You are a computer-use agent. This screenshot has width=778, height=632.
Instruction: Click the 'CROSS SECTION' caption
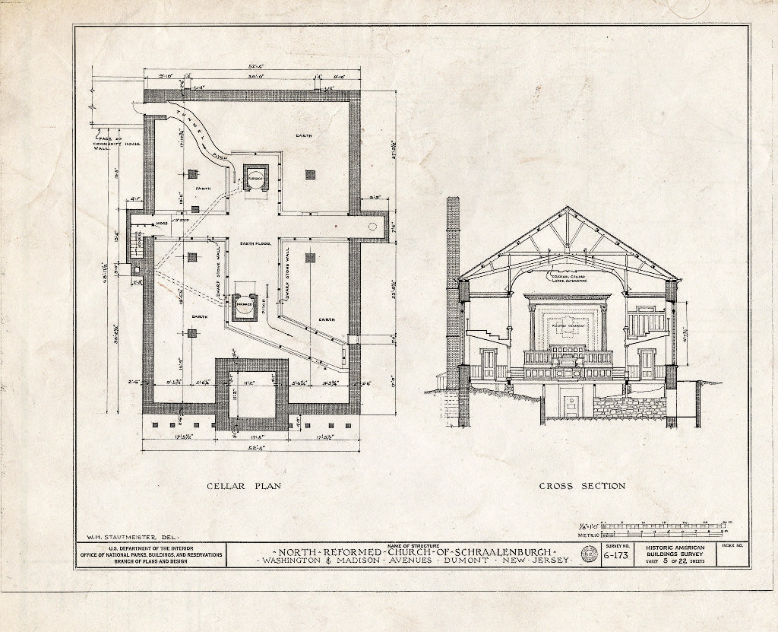pyautogui.click(x=582, y=486)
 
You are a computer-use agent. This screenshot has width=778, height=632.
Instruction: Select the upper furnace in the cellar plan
pyautogui.click(x=254, y=178)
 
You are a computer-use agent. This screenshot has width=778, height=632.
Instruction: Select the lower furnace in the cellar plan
pyautogui.click(x=244, y=303)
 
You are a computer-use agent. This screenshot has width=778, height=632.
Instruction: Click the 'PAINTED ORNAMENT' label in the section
pyautogui.click(x=567, y=324)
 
